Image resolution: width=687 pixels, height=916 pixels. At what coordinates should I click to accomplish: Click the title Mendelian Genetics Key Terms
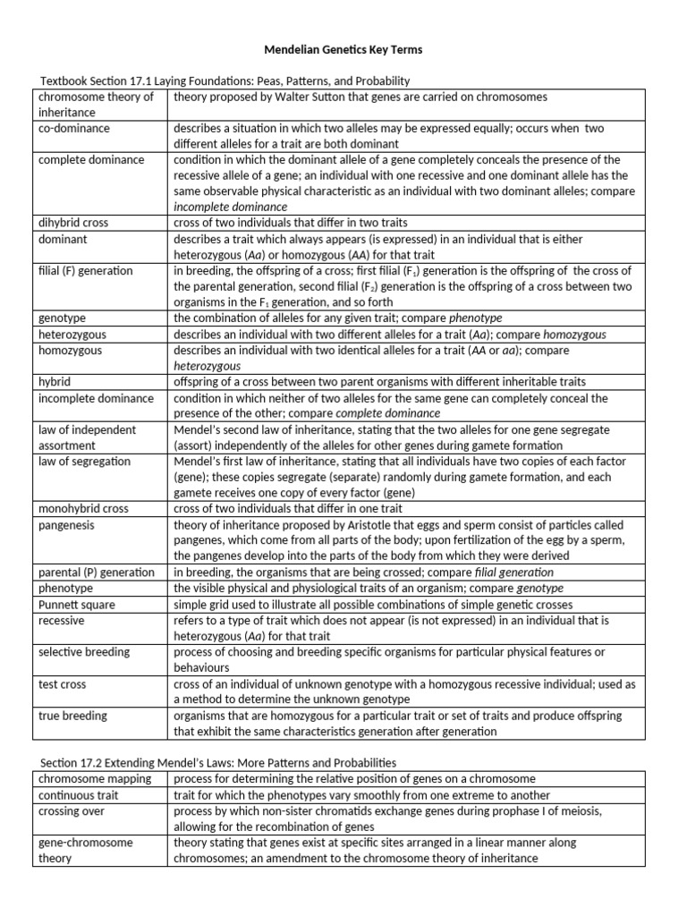tap(343, 50)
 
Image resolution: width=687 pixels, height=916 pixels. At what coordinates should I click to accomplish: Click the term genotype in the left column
tap(61, 318)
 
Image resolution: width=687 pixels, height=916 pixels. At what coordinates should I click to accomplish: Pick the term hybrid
tap(55, 381)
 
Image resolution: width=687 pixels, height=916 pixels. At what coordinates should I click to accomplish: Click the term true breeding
tap(72, 716)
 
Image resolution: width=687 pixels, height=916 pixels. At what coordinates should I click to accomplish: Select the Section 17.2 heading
tap(218, 762)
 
